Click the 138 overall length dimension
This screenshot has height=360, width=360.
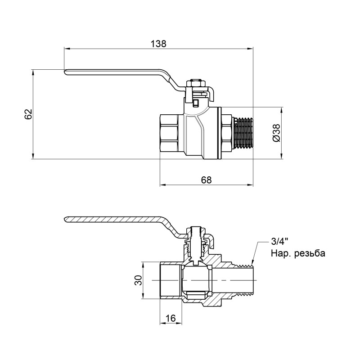tap(158, 44)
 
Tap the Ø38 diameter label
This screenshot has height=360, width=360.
tap(276, 133)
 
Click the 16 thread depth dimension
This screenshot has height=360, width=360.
tap(171, 318)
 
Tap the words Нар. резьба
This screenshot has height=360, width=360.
tap(297, 254)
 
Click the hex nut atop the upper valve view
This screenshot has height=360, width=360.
tap(196, 83)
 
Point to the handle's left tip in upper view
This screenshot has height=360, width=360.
tap(66, 72)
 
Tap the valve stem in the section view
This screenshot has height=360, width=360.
tap(196, 245)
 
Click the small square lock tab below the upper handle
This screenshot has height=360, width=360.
tap(195, 103)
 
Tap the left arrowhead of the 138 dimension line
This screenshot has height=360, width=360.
tap(66, 48)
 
